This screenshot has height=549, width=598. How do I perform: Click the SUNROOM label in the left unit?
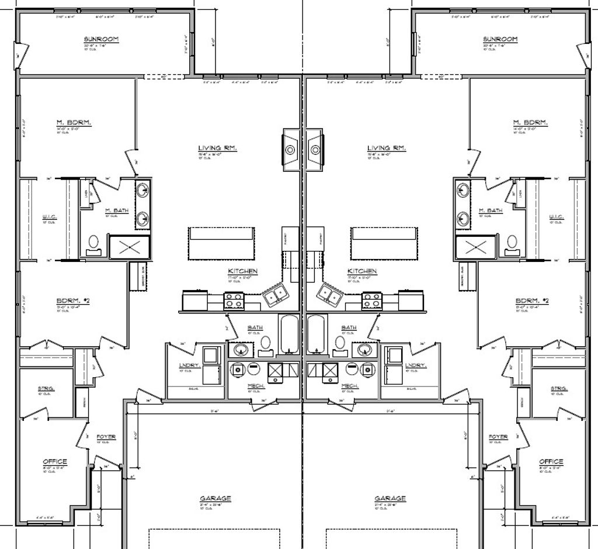(x=101, y=39)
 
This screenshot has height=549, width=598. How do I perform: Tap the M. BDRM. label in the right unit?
(x=530, y=122)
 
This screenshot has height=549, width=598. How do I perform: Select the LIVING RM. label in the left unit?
(x=217, y=149)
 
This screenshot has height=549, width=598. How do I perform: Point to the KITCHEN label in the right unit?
(x=362, y=271)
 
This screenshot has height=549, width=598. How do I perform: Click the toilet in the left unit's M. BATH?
(x=93, y=243)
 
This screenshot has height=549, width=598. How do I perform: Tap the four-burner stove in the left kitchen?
(x=234, y=301)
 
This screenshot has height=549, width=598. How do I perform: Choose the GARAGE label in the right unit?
(x=391, y=499)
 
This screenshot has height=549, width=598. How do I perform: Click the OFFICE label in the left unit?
(x=55, y=461)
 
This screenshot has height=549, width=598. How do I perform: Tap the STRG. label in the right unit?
(x=559, y=388)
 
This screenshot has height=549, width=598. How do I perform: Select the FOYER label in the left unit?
(x=106, y=437)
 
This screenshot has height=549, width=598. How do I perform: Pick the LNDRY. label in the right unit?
(x=415, y=365)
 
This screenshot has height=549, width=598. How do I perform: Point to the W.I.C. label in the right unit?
(x=556, y=217)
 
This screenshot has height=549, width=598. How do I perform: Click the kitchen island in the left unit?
(x=221, y=243)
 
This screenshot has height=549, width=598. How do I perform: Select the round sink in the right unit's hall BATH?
(x=365, y=349)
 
